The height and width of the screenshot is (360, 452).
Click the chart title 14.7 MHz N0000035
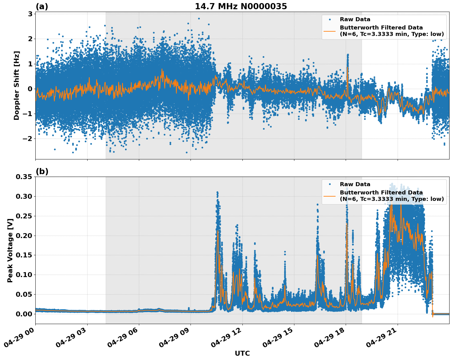coord(241,6)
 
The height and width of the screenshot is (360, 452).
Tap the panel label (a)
coord(42,6)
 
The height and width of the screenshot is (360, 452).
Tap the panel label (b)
coord(42,171)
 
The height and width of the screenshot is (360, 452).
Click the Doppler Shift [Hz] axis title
coord(17,85)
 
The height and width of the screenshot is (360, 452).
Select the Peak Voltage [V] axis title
coord(10,250)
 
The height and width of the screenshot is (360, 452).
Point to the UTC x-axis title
coord(242,353)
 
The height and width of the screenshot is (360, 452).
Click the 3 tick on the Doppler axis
coord(30,14)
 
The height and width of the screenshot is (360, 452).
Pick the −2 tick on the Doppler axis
coord(28,139)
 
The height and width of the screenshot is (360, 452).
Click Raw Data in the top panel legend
coord(355,19)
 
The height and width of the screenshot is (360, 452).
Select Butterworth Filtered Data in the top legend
coord(381,28)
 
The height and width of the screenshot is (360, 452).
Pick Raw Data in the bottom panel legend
coord(355,184)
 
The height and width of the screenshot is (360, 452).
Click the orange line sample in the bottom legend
coord(330,196)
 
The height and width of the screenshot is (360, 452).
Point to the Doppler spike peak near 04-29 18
coord(348,55)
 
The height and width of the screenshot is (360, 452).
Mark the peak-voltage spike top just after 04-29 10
coord(217,192)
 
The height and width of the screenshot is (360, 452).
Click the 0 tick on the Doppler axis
coord(30,89)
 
